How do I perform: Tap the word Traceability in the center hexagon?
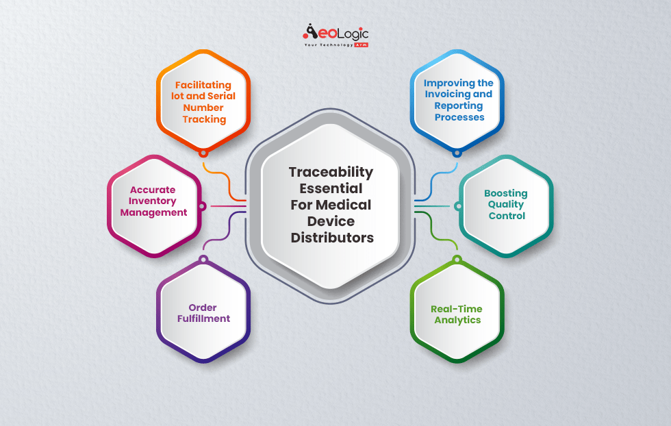330,172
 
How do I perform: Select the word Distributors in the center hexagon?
332,238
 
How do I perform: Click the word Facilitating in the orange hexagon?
203,86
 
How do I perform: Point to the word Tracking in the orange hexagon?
204,119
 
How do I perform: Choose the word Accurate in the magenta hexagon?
153,190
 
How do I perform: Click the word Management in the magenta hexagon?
153,212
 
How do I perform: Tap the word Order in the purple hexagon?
203,307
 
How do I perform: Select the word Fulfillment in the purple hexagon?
203,318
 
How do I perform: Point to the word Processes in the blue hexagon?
459,117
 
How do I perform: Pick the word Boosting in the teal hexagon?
506,193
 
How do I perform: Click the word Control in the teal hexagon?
507,216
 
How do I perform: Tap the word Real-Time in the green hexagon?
456,309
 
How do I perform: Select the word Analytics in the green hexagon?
456,320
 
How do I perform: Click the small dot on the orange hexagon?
203,152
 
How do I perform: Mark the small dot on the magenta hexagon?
202,206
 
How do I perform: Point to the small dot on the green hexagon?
457,260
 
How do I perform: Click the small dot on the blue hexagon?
457,152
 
